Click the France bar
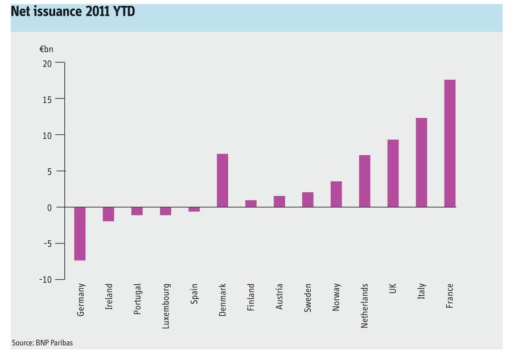point(450,143)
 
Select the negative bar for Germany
point(80,234)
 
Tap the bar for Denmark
point(223,180)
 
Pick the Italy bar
point(421,163)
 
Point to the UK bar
point(393,173)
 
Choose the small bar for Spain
point(194,209)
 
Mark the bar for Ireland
point(108,214)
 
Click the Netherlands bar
point(365,181)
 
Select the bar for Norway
point(336,194)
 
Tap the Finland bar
point(251,204)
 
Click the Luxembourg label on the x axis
point(166,306)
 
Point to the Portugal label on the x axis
point(137,299)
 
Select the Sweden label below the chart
point(307,298)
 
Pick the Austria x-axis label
point(279,296)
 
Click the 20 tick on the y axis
point(47,64)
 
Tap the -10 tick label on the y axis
point(46,280)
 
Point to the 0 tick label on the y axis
point(50,208)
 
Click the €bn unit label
point(46,49)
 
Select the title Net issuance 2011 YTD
point(73,11)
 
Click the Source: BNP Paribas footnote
point(42,342)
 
